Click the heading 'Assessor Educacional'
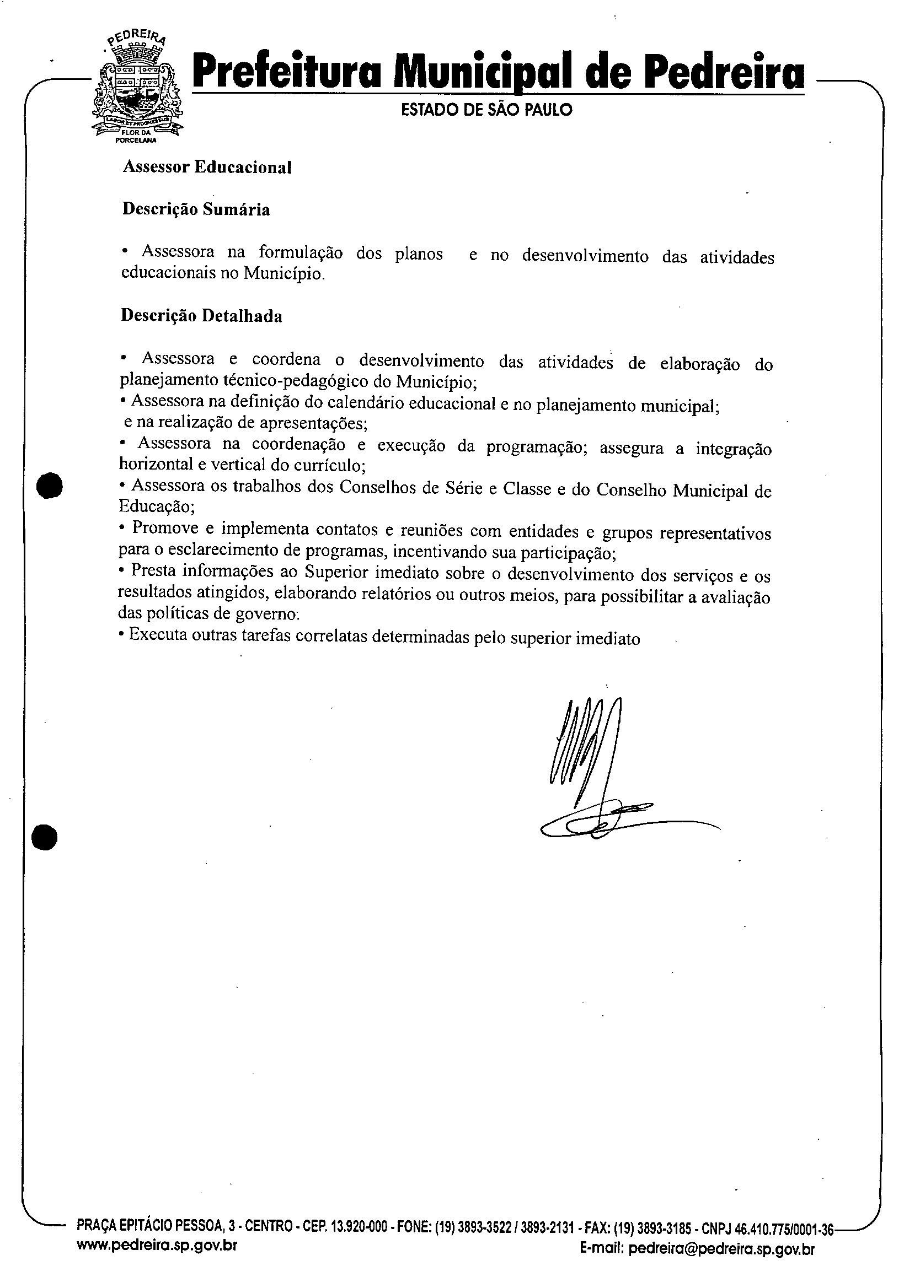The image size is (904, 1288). (207, 167)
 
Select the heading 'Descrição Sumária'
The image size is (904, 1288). (196, 209)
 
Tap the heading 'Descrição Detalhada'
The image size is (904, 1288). (201, 316)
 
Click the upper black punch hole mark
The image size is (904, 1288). (49, 486)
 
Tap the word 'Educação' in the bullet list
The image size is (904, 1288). (156, 506)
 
